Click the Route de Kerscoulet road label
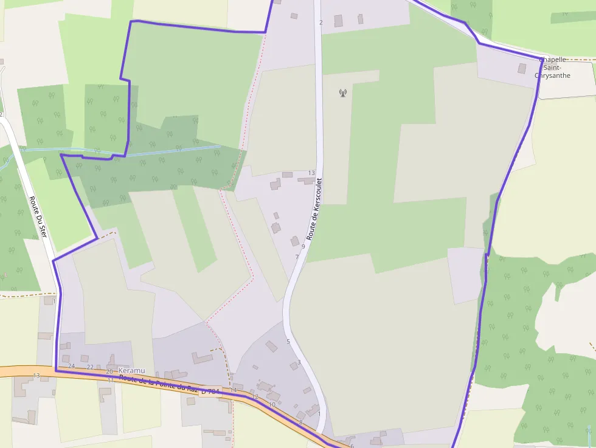(x=314, y=208)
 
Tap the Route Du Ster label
(x=38, y=216)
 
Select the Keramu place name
(x=133, y=370)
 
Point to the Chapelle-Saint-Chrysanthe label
(x=552, y=67)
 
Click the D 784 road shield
(x=209, y=391)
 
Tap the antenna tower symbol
(x=342, y=93)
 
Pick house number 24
(x=71, y=366)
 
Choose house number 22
(x=90, y=367)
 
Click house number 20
(x=109, y=371)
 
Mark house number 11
(x=111, y=380)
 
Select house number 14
(x=233, y=390)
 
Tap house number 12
(x=255, y=396)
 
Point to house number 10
(x=272, y=404)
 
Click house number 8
(x=300, y=422)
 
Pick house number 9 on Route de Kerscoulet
(x=303, y=246)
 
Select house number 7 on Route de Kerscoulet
(x=297, y=257)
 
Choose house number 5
(x=288, y=342)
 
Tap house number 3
(x=299, y=362)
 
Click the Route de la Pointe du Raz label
(x=158, y=382)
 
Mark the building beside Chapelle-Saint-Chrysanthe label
(x=522, y=68)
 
